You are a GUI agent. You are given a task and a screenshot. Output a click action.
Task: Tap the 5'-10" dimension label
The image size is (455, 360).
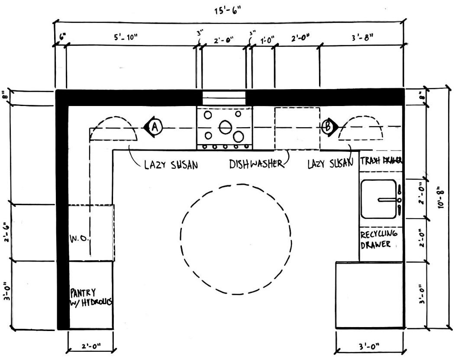pyautogui.click(x=126, y=37)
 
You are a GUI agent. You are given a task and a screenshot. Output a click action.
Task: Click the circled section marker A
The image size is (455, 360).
pyautogui.click(x=155, y=127)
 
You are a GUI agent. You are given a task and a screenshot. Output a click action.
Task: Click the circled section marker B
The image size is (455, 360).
pyautogui.click(x=328, y=127)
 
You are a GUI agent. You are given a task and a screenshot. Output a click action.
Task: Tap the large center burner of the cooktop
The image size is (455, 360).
pyautogui.click(x=225, y=127)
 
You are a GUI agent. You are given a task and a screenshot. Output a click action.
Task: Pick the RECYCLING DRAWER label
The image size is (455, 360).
pyautogui.click(x=379, y=239)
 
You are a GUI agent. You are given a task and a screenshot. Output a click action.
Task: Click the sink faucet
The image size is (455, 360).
pyautogui.click(x=388, y=200)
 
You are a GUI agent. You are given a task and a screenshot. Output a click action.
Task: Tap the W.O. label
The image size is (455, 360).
pyautogui.click(x=79, y=239)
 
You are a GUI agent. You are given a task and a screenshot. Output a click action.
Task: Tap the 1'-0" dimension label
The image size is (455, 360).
pyautogui.click(x=268, y=40)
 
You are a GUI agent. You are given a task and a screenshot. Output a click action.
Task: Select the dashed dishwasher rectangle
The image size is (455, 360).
pyautogui.click(x=297, y=128)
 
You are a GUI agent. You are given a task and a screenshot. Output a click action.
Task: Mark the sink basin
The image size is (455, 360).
pyautogui.click(x=378, y=199)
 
